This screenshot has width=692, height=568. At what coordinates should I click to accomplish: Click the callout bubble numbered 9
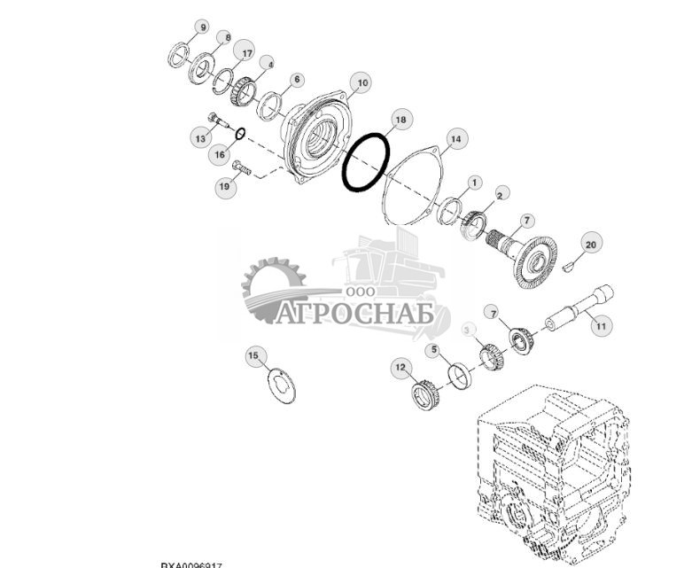[203, 28]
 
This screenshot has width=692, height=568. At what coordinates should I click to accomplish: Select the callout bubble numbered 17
[247, 54]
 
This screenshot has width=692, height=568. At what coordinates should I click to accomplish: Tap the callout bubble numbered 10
[361, 84]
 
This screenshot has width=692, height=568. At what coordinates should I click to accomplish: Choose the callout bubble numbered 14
[455, 138]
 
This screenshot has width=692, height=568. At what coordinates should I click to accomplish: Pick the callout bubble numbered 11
[602, 326]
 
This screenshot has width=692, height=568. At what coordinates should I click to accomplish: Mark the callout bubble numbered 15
[255, 356]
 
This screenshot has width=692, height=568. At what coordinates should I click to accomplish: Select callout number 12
[400, 367]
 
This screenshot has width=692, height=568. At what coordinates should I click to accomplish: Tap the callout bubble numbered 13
[200, 137]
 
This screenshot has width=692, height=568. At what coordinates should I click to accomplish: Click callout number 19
[225, 186]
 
